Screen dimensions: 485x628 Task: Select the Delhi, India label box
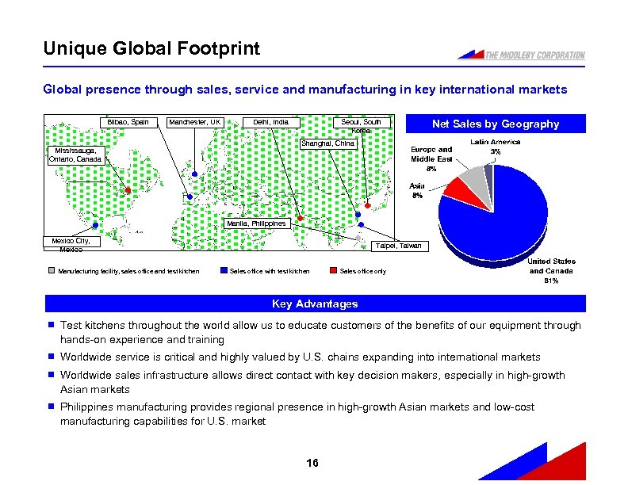[271, 122]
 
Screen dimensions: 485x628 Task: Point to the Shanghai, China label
[331, 143]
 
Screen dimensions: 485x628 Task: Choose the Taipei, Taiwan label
[400, 246]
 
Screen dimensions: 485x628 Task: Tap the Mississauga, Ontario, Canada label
[74, 154]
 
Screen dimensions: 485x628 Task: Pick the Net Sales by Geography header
[495, 124]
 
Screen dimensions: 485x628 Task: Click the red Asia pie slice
[457, 189]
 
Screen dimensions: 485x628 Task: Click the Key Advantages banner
[315, 304]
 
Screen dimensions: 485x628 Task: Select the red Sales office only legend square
[335, 272]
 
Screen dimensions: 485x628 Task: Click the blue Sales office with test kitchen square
[224, 272]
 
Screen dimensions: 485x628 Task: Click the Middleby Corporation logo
[521, 54]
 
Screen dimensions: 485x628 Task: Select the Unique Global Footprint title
[151, 49]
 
